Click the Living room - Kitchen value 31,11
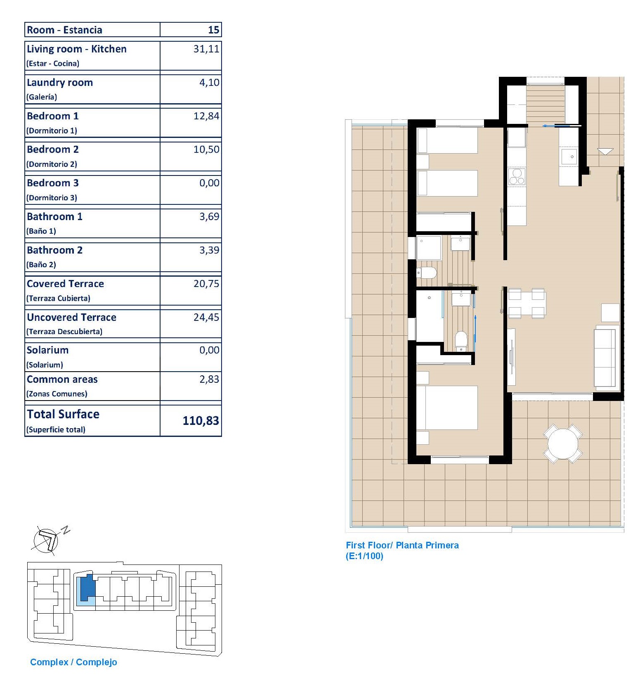coord(206,49)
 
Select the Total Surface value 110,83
coord(201,421)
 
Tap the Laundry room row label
coord(60,83)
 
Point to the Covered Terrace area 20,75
coord(206,284)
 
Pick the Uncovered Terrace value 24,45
coord(206,317)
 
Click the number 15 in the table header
coord(213,30)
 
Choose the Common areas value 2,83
coord(209,379)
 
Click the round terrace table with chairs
coord(563,444)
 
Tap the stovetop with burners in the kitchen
coord(516,177)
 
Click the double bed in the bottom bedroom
coord(447,408)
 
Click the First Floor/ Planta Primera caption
coord(402,545)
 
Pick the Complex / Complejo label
coord(73,662)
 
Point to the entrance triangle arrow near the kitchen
coord(605,152)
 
